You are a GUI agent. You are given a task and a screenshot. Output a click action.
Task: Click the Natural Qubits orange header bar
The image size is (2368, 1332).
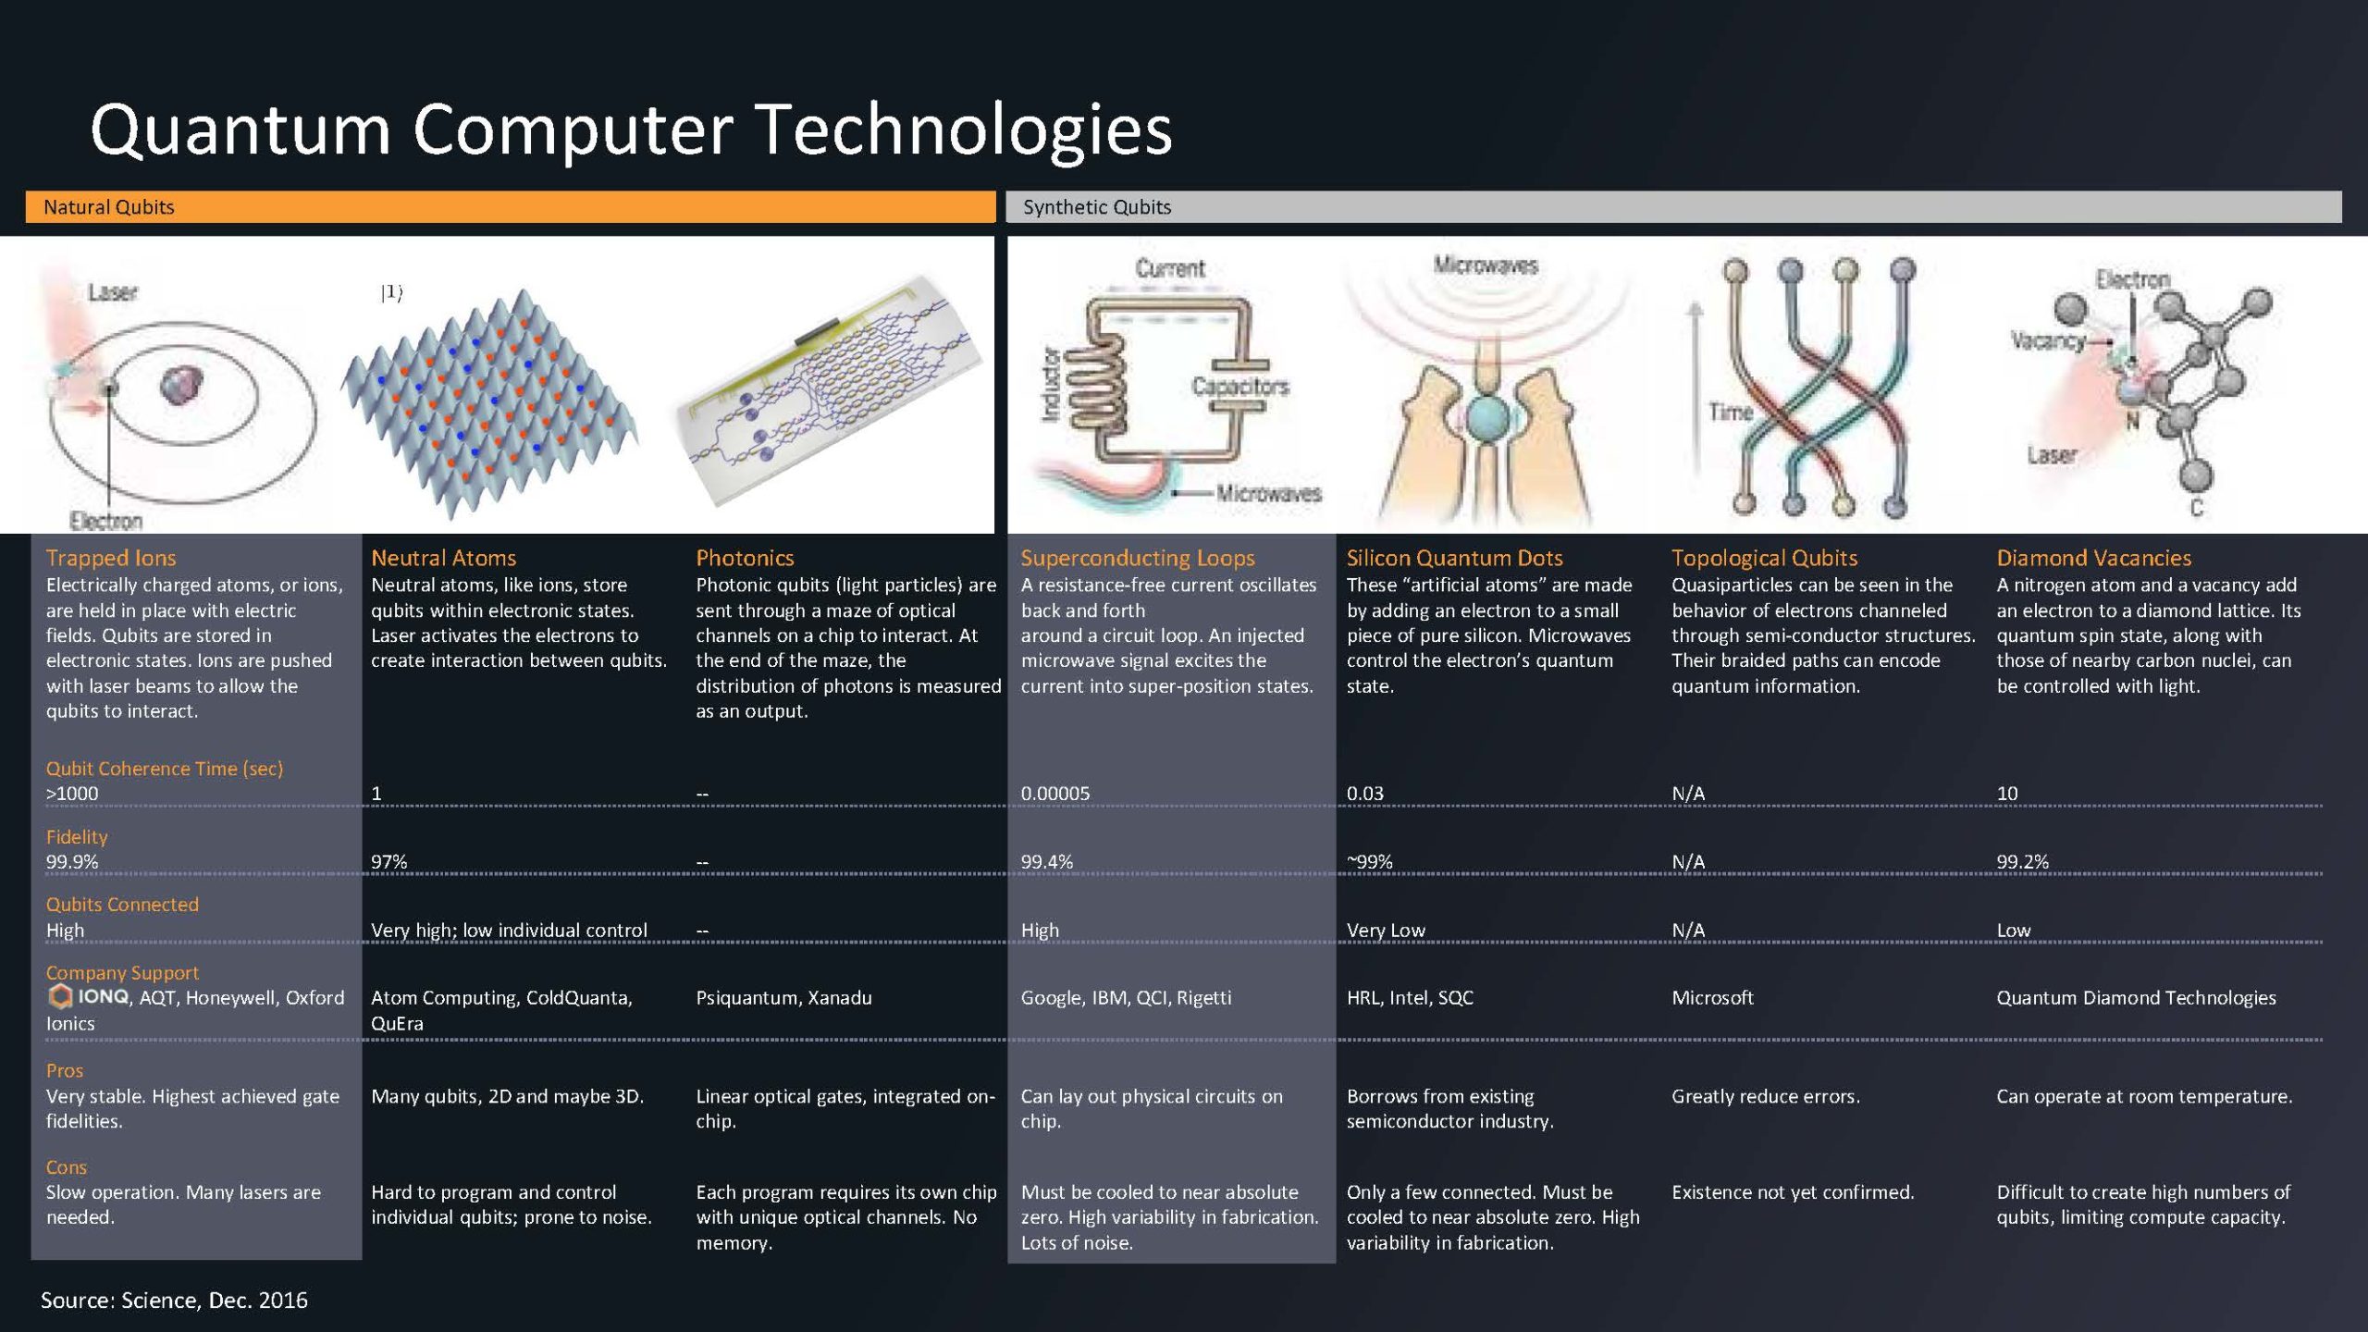(x=510, y=207)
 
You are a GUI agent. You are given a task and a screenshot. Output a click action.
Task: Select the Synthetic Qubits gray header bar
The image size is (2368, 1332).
(x=1672, y=207)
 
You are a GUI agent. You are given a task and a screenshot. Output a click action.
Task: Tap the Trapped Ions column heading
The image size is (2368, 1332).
(x=111, y=558)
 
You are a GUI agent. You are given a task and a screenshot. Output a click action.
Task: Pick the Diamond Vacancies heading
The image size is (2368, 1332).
(x=2093, y=558)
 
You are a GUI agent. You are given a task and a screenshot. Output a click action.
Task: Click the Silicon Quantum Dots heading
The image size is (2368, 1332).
(x=1454, y=558)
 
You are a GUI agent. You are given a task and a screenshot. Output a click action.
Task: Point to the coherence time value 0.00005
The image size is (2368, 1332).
(x=1055, y=794)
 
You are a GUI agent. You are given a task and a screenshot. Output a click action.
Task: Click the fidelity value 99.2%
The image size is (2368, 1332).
(x=2022, y=862)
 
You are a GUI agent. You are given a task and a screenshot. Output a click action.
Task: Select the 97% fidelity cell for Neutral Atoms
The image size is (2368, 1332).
(x=388, y=862)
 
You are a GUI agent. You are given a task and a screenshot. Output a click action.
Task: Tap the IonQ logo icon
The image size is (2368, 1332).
(x=61, y=996)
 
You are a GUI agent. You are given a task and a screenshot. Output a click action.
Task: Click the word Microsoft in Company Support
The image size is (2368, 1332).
(x=1712, y=998)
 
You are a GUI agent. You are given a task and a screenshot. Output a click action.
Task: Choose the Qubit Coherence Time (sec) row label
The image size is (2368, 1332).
(x=165, y=769)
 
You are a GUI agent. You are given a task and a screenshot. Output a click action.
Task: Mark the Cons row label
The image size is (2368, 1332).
(x=67, y=1167)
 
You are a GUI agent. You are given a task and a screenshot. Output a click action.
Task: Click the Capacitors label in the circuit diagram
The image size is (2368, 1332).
(x=1239, y=387)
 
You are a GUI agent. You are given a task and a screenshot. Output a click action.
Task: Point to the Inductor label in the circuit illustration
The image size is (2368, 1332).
(x=1051, y=384)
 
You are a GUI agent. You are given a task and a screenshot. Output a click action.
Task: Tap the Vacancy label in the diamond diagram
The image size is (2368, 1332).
(x=2047, y=340)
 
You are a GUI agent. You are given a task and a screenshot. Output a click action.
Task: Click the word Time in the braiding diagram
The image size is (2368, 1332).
(x=1731, y=412)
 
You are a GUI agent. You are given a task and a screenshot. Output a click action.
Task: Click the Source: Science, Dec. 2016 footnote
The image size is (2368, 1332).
(x=174, y=1301)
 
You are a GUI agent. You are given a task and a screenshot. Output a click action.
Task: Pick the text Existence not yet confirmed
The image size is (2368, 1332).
(x=1793, y=1192)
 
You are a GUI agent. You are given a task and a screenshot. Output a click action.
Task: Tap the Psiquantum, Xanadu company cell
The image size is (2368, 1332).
(x=783, y=998)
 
